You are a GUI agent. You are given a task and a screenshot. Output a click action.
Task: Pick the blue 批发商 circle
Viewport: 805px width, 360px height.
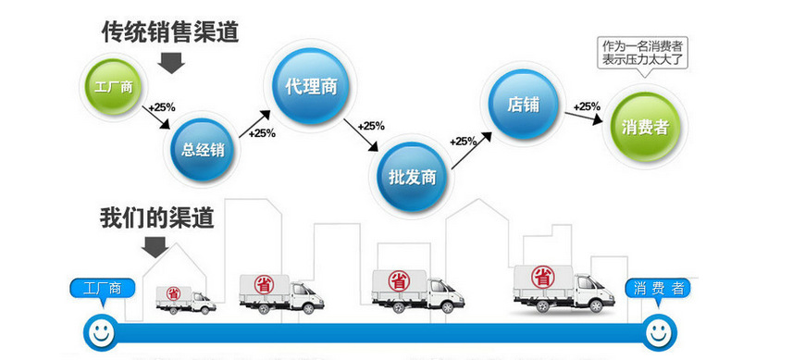412,176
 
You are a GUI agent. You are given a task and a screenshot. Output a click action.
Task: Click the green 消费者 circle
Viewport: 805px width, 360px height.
646,126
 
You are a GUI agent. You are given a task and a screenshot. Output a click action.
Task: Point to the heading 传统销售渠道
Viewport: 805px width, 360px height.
169,32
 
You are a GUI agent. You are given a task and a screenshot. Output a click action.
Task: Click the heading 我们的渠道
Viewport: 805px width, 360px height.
157,218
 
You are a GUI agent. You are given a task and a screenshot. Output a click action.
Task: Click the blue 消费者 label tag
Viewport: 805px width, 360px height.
659,288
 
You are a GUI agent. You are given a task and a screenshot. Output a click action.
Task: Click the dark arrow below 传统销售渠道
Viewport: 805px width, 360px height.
172,62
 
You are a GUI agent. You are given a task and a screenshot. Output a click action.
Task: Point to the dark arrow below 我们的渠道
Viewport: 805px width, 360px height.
155,246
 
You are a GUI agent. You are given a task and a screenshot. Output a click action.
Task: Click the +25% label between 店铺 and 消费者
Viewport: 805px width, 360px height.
586,106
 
